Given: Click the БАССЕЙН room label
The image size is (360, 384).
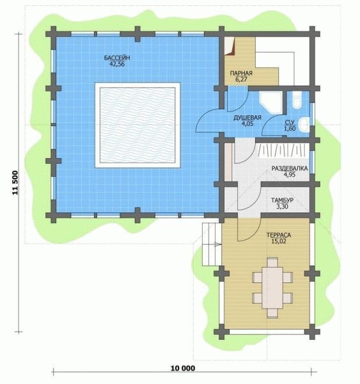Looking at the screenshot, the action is (x=117, y=58).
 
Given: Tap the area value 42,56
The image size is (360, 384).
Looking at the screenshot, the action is (x=117, y=64).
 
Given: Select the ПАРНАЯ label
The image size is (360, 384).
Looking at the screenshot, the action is (x=241, y=73).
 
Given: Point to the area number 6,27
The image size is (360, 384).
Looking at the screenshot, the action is (x=241, y=79).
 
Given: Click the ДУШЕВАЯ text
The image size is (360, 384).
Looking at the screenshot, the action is (x=247, y=118).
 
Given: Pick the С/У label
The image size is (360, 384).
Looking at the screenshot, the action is (x=290, y=122).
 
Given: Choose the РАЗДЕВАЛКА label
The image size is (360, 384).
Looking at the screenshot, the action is (x=290, y=168).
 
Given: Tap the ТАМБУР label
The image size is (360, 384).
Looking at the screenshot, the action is (x=282, y=200).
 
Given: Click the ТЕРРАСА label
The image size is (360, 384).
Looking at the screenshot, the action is (x=279, y=235).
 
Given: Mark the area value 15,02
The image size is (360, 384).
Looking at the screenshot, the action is (x=279, y=241).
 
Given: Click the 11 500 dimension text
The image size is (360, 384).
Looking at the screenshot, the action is (x=15, y=182).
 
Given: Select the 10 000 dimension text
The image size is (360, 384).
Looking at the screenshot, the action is (x=183, y=368).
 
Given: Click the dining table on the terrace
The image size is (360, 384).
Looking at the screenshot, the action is (x=272, y=288).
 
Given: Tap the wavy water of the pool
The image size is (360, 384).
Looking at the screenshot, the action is (x=137, y=125).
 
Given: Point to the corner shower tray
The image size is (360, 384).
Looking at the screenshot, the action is (x=271, y=102).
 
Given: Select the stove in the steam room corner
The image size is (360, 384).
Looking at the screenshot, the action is (x=230, y=46).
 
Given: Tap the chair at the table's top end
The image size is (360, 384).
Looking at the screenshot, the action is (x=272, y=262).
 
